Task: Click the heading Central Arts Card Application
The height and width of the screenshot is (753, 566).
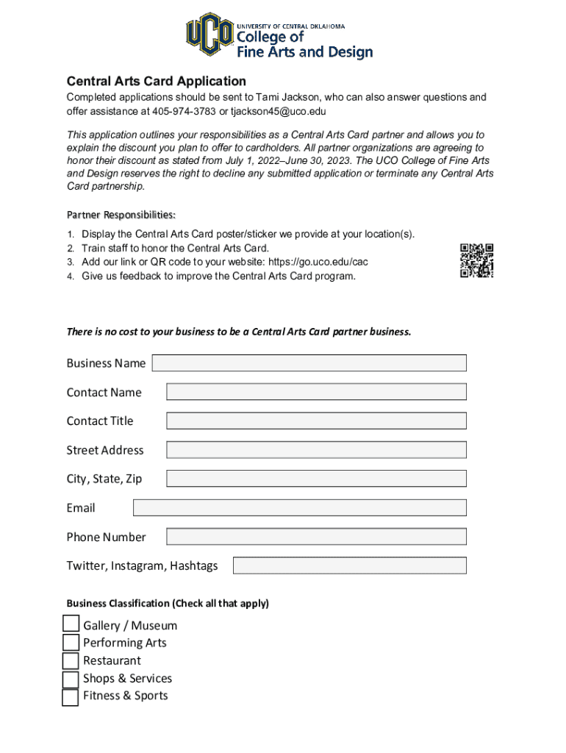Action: (x=156, y=81)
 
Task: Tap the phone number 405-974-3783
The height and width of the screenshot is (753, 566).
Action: (x=179, y=112)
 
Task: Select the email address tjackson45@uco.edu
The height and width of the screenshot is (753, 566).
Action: (x=278, y=112)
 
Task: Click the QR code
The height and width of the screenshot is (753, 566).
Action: (x=476, y=260)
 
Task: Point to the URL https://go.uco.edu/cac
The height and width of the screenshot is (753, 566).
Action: (x=318, y=262)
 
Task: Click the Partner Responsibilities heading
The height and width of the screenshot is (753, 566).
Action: (x=121, y=215)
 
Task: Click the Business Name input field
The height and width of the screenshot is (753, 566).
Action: (x=309, y=363)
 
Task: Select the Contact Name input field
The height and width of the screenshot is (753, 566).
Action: (x=316, y=392)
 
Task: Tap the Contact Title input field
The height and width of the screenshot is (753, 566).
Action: (x=316, y=421)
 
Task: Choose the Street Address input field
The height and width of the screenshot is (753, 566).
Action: (x=316, y=450)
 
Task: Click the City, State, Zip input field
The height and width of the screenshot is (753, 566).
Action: (x=316, y=479)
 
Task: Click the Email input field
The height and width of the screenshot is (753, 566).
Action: (x=299, y=507)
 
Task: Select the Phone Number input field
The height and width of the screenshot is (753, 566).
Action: (x=316, y=537)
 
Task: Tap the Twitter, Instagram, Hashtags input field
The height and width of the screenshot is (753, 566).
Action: (x=349, y=565)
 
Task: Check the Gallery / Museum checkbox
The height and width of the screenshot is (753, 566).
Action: (x=71, y=624)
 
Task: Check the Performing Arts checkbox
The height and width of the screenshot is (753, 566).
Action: (x=71, y=643)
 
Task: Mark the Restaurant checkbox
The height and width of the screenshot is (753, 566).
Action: (x=71, y=660)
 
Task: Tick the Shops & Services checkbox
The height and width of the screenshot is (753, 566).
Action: (x=71, y=679)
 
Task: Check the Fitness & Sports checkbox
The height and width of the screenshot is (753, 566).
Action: (x=71, y=697)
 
